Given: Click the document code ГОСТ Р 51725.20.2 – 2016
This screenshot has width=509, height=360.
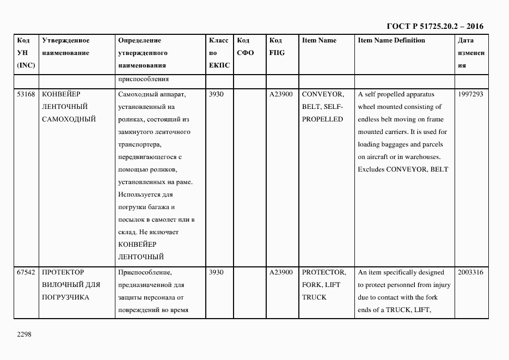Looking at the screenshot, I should [436, 26].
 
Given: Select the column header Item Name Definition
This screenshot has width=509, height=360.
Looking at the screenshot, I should [391, 40].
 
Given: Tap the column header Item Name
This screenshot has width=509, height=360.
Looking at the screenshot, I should [319, 40].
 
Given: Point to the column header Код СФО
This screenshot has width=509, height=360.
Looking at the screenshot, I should [245, 47].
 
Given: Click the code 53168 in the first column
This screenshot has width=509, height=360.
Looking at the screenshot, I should [26, 94].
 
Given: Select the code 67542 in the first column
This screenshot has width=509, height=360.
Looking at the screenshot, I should [26, 272].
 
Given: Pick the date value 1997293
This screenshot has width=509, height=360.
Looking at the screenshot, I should [471, 94].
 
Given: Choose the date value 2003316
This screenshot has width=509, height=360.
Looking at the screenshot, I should [471, 272].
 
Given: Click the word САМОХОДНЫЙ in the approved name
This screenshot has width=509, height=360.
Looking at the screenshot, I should [69, 119].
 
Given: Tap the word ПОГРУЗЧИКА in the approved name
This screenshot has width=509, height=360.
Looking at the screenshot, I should [65, 297].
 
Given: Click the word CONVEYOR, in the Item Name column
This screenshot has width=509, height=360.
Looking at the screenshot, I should [323, 94].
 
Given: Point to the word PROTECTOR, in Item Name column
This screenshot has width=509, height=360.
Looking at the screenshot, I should [324, 272].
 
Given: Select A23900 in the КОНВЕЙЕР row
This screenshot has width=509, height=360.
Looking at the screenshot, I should [281, 94].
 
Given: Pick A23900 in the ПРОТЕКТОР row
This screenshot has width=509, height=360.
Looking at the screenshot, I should [281, 272].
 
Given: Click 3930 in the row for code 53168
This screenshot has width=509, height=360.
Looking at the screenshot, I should [216, 94].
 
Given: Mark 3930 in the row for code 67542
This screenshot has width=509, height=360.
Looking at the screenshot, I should [216, 272].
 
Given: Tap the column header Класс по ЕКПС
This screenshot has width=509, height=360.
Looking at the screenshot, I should [219, 53].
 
